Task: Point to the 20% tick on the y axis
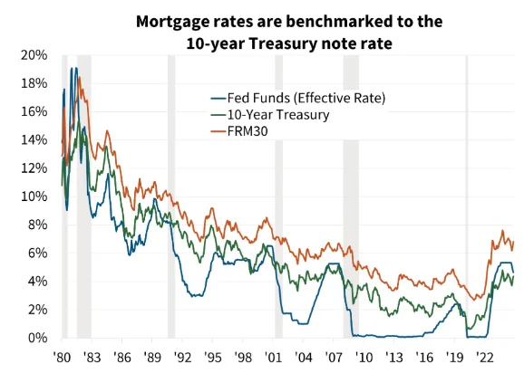click(x=34, y=55)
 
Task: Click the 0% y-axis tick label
click(x=38, y=338)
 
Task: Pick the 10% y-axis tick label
click(x=34, y=196)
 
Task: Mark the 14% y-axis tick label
click(x=34, y=139)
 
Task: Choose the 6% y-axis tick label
click(x=38, y=254)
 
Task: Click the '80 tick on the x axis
click(x=62, y=357)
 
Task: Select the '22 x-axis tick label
click(x=485, y=357)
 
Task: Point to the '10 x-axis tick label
click(x=364, y=357)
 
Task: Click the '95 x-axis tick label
click(x=213, y=357)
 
